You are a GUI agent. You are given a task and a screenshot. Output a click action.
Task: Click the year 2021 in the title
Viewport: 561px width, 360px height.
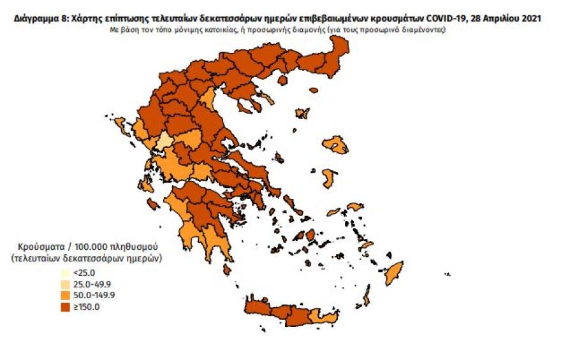coord(531,18)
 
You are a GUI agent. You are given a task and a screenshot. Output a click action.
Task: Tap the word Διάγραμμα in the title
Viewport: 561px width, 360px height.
coord(36,18)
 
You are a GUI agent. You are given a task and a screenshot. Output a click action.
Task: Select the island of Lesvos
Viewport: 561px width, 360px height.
coord(335,145)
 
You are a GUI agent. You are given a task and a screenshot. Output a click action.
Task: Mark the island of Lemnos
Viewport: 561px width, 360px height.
coord(302,113)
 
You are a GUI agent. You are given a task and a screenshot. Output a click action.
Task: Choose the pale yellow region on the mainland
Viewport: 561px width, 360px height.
coord(164,141)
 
